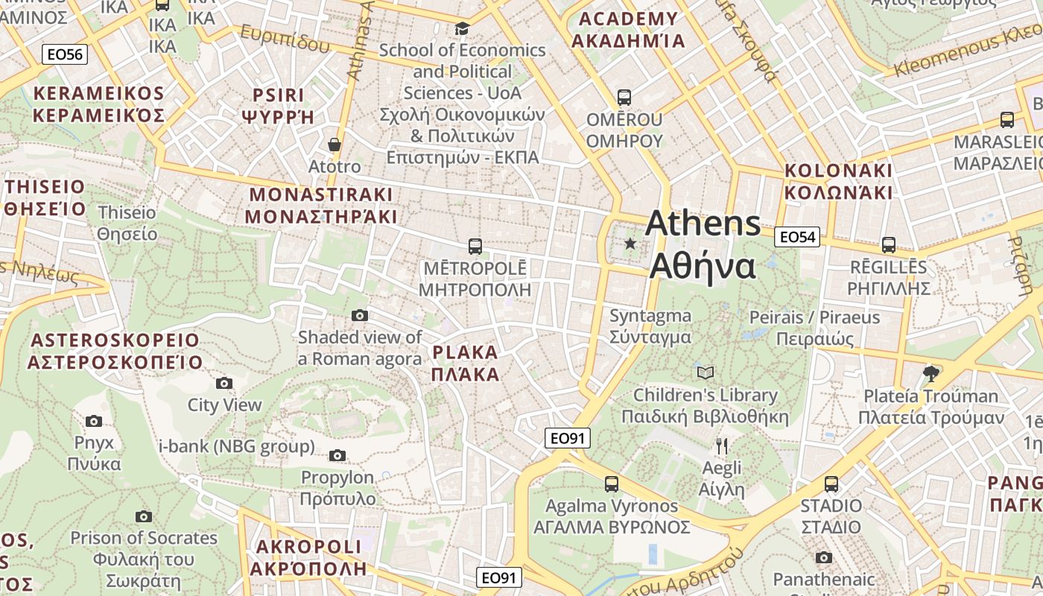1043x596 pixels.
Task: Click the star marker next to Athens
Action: click(x=630, y=243)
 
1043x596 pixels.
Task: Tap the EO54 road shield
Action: click(x=797, y=237)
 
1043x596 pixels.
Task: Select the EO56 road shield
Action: click(x=65, y=54)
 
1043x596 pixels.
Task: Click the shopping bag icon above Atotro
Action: click(x=335, y=144)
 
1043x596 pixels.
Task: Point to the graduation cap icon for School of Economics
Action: click(x=462, y=28)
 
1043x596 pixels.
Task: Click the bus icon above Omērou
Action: click(x=624, y=97)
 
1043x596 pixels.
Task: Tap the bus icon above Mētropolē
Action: click(x=475, y=246)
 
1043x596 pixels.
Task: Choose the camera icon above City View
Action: click(x=223, y=383)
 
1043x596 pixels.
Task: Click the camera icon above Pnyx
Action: click(x=94, y=421)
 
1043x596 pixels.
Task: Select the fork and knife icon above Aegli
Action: click(x=721, y=446)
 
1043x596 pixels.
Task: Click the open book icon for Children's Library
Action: click(x=705, y=372)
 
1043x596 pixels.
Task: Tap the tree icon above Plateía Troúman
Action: click(x=930, y=372)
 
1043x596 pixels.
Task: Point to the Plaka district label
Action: click(x=466, y=362)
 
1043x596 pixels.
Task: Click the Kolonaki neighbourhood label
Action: click(x=838, y=181)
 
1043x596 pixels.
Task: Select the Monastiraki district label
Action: click(x=320, y=206)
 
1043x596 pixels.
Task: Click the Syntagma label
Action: click(x=650, y=326)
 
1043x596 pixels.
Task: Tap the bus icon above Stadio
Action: click(x=831, y=484)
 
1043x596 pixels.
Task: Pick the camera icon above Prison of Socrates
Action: click(x=144, y=516)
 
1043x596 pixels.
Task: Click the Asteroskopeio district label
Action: click(x=115, y=352)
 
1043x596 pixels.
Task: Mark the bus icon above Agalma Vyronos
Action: click(x=612, y=484)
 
